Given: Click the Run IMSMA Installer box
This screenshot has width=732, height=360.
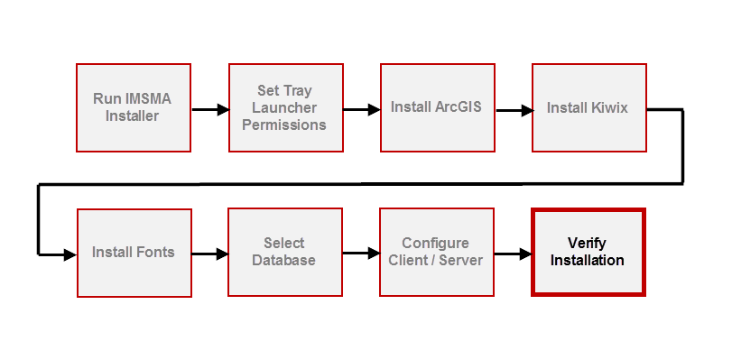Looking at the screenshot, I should tap(133, 107).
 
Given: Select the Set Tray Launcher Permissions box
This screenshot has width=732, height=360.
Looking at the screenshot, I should tap(284, 107).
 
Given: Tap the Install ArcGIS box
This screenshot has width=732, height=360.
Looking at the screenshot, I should tap(436, 107).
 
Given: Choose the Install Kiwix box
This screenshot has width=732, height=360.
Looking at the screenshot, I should tap(588, 107).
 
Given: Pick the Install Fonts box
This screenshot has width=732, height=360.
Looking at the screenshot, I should tap(133, 253).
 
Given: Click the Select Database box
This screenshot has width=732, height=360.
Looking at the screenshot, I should tap(284, 253).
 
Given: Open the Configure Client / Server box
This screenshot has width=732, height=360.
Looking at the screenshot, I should tap(436, 253).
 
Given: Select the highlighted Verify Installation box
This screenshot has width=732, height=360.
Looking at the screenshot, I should tap(588, 253).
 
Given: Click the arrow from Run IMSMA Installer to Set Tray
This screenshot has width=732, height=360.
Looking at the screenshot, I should tap(209, 110).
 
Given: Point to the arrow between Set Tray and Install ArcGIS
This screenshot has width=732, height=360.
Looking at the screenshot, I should tap(361, 110).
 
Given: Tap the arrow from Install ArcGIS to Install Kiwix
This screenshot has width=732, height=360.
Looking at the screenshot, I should tap(513, 110).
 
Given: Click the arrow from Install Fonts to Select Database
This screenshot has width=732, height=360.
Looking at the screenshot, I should tap(209, 254).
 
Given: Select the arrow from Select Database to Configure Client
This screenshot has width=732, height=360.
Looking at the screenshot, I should tap(361, 254).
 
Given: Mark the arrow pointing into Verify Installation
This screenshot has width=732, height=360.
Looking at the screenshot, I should tap(513, 254).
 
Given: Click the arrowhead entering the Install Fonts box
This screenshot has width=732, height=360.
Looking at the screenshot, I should tap(70, 254).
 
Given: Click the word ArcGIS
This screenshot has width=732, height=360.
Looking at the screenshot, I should tap(458, 106).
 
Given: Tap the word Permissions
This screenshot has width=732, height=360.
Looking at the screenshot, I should tap(284, 125).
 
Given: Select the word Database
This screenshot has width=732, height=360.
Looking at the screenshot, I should tap(284, 261).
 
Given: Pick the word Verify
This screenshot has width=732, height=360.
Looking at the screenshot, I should tap(588, 244).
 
